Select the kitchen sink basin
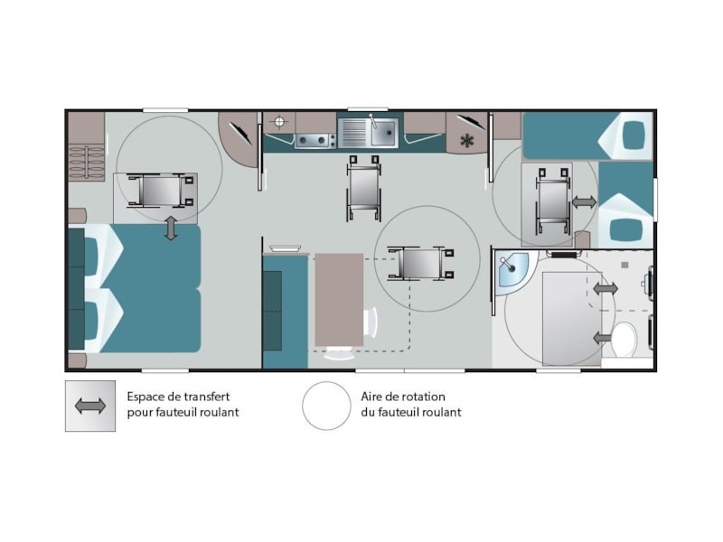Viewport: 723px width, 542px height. [x=383, y=132]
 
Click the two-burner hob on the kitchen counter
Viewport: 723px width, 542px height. [x=315, y=141]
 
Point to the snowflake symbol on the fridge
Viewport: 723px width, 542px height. [x=467, y=141]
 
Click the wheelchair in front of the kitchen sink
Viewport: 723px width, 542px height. [x=364, y=188]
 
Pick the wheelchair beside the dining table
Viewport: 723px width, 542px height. [x=420, y=264]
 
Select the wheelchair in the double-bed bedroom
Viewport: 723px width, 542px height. [x=160, y=191]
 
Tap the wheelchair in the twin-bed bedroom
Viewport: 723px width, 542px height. [x=553, y=201]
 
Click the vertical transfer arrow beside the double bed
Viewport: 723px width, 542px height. [x=171, y=229]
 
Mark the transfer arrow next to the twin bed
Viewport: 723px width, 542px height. [x=584, y=201]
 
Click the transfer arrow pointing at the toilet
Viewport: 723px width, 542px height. [x=602, y=338]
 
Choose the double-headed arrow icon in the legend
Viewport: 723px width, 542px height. [x=89, y=406]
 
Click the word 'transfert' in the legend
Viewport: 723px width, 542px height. [x=207, y=397]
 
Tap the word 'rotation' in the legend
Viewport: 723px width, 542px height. [x=424, y=397]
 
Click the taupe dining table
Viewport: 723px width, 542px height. [x=339, y=300]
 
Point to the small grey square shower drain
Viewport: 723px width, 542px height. [x=624, y=265]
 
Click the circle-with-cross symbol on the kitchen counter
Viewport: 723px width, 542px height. [x=279, y=122]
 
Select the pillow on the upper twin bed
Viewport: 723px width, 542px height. [x=634, y=135]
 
